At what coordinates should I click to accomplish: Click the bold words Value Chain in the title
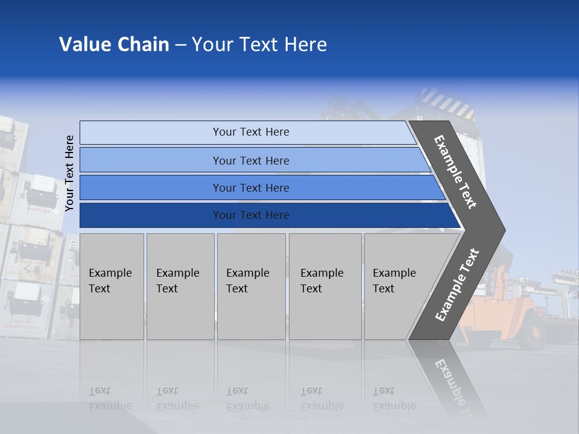114,45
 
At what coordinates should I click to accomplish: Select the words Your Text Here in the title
259,45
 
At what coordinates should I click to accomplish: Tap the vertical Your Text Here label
70,173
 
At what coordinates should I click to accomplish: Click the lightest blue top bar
151,133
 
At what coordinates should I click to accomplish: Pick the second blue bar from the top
151,160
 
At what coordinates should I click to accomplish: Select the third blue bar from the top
151,188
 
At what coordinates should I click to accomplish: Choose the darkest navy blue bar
151,215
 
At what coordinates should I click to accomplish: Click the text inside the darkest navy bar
251,215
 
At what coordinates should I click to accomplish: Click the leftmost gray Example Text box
112,286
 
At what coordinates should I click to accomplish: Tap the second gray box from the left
180,286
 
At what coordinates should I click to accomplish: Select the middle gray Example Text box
251,286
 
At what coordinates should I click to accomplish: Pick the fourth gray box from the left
324,286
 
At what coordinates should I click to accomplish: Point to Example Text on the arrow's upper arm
455,172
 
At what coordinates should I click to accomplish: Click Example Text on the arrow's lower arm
457,285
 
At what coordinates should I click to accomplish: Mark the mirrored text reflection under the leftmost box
110,398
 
